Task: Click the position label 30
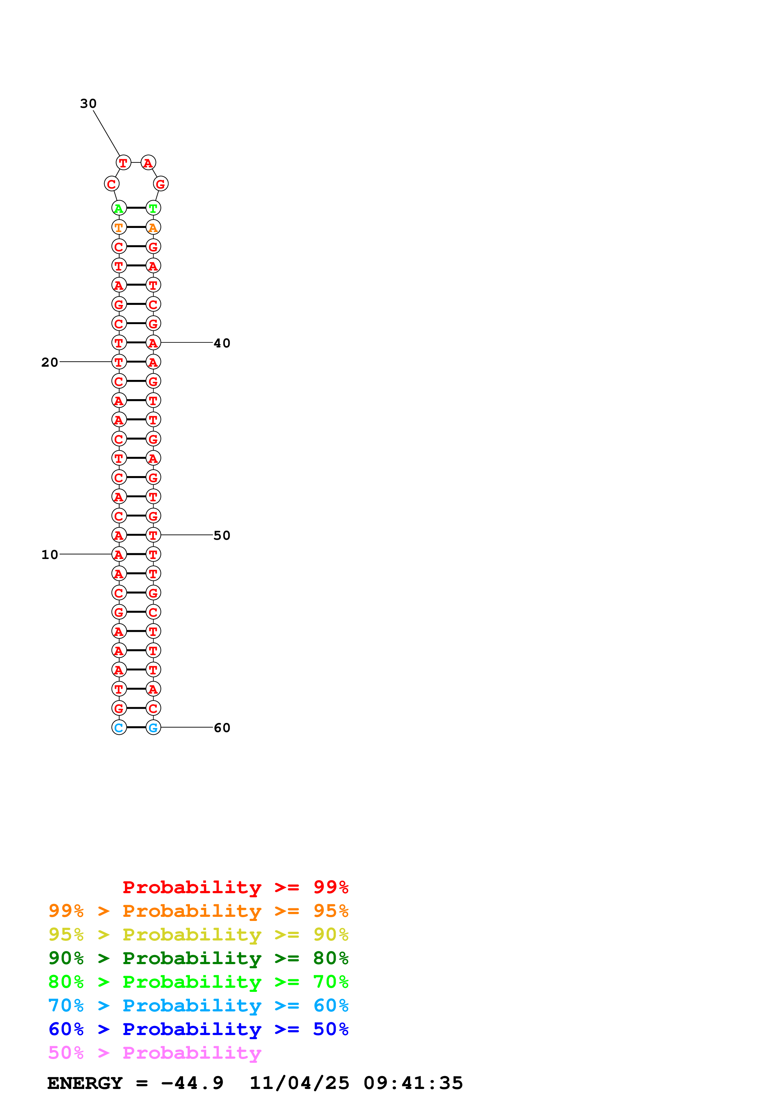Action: [88, 103]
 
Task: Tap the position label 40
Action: [222, 343]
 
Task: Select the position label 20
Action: [50, 362]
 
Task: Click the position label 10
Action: [50, 555]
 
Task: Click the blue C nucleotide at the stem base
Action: [119, 727]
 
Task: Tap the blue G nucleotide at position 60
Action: [153, 727]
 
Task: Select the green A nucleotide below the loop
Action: [119, 208]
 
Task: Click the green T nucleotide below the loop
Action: [153, 208]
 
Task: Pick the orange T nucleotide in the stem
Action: [119, 227]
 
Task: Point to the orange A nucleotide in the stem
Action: [153, 227]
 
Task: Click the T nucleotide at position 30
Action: [123, 163]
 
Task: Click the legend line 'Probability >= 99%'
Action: [235, 887]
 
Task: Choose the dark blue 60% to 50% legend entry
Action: [198, 1029]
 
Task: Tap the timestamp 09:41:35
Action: [413, 1083]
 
